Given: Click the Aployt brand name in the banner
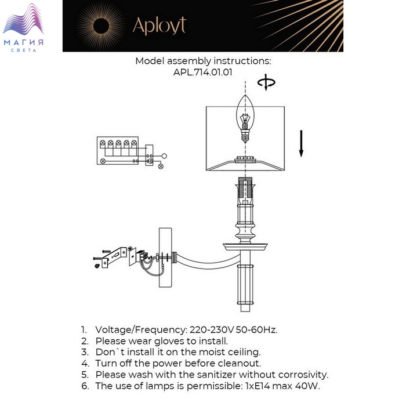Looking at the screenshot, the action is [159, 26].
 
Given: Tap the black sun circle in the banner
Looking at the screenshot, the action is [101, 26].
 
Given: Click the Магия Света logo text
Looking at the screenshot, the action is [24, 45].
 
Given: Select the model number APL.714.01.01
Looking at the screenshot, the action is [203, 72].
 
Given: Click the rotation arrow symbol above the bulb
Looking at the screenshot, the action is [266, 82].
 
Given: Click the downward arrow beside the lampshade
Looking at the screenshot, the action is [301, 143].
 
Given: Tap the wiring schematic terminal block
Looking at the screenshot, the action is [118, 150].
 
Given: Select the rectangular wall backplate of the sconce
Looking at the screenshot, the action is [165, 258].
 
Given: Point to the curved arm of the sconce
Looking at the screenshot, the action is [207, 262].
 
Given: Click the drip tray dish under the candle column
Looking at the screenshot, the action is [245, 246].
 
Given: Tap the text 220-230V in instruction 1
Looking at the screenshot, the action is [212, 329].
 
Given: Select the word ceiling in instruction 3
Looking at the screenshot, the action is [244, 352].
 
